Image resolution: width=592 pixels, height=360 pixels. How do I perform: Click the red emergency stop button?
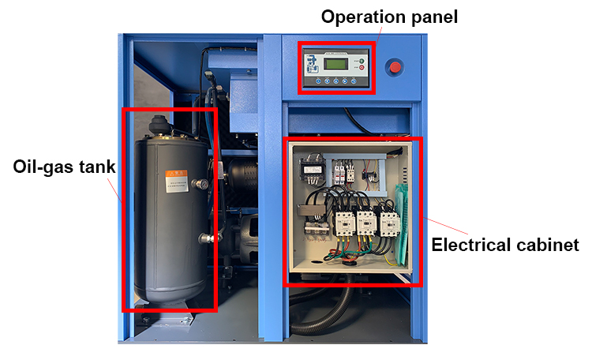[395, 67]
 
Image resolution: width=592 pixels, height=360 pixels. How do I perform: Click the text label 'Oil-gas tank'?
[65, 167]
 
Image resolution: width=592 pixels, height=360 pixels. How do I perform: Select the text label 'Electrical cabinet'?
[505, 245]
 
